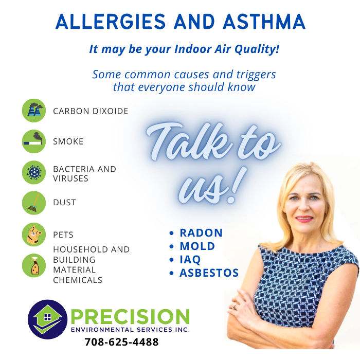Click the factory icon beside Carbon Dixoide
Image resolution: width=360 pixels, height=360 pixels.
[34, 111]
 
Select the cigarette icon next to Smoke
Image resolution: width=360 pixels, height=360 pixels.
[34, 141]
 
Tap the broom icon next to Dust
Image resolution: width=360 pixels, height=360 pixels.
[34, 203]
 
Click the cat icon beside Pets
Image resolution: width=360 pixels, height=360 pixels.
[34, 235]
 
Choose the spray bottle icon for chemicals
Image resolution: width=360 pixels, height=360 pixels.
[34, 265]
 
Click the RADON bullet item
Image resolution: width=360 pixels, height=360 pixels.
[201, 233]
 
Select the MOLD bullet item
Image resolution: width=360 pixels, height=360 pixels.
[197, 246]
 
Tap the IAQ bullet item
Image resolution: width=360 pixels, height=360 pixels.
[190, 260]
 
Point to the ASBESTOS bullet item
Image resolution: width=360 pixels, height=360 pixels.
[209, 273]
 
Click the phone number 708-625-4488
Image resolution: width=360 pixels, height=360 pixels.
[121, 342]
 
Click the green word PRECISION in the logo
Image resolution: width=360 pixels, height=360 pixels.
[130, 316]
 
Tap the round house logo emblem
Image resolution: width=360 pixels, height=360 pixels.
[47, 319]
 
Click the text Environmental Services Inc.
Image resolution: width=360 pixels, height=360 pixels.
[130, 329]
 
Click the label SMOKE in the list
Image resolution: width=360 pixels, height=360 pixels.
[68, 141]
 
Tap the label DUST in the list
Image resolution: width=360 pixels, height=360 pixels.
[64, 203]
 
